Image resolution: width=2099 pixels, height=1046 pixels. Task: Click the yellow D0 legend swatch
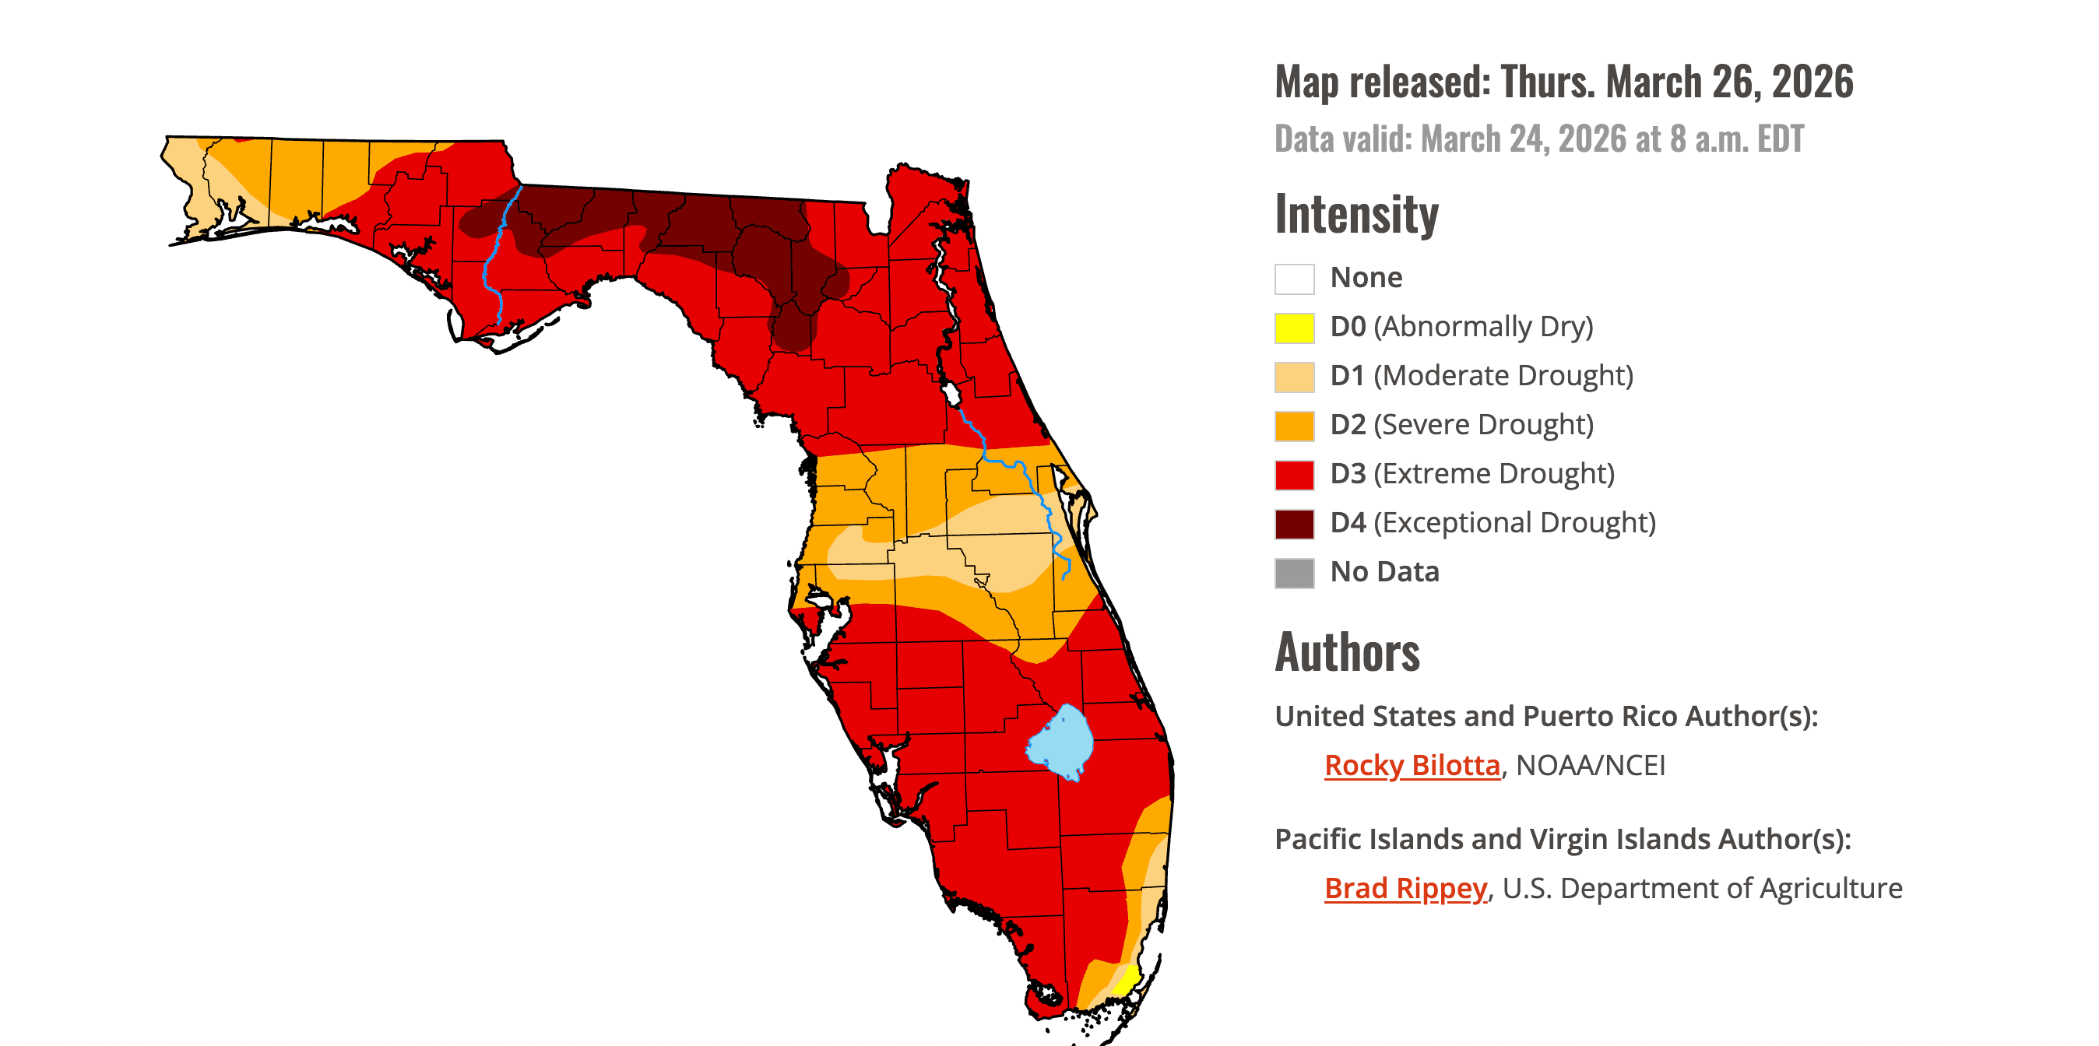click(1294, 328)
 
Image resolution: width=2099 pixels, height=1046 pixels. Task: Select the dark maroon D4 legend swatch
click(1294, 524)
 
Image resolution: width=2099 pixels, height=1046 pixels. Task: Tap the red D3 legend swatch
click(1294, 475)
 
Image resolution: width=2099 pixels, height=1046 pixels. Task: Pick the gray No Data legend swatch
click(1294, 573)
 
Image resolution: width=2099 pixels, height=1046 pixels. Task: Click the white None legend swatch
click(1294, 279)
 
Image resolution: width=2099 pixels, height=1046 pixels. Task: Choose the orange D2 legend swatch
click(1294, 426)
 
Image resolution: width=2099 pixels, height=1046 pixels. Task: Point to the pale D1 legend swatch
click(1294, 377)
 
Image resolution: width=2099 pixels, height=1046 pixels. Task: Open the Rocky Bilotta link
click(1412, 766)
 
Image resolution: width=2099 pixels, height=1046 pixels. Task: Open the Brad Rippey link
click(1405, 888)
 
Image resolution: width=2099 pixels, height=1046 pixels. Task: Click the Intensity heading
click(1356, 214)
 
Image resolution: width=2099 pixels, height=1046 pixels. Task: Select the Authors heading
click(1347, 652)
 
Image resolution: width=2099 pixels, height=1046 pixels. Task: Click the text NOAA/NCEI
click(1591, 766)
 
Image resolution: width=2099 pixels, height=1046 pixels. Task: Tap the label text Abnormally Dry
click(1483, 327)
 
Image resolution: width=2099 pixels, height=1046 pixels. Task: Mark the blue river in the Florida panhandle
click(493, 252)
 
